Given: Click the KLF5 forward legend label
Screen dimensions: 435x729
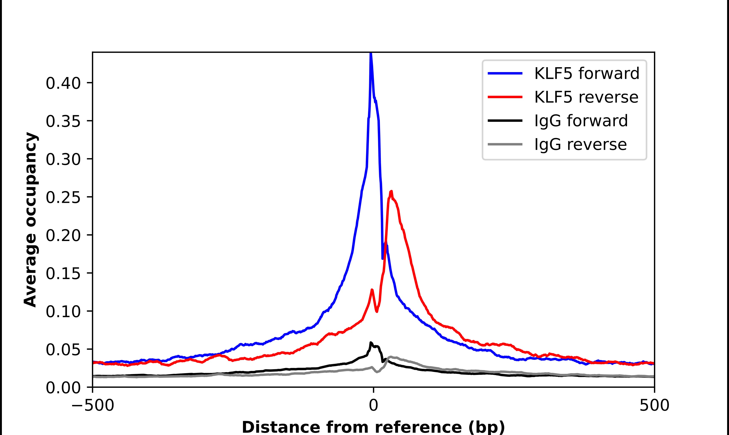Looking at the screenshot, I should (586, 74).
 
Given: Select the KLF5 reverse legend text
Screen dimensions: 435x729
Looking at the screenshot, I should (586, 97).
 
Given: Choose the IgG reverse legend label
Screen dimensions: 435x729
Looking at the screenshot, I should (580, 145).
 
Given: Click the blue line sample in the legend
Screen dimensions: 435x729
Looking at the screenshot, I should (505, 74).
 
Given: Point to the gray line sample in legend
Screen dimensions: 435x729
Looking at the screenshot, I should (505, 144).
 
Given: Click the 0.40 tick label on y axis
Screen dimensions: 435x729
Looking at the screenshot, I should (63, 83).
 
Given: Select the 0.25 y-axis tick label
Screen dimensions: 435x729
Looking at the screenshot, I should (63, 197).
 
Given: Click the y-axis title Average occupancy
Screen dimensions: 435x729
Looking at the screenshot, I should (30, 220).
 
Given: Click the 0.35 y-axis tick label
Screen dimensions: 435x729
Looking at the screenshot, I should (63, 121).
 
